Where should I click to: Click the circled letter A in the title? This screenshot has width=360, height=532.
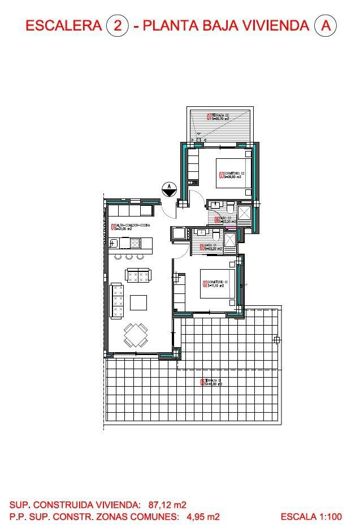tap(322, 29)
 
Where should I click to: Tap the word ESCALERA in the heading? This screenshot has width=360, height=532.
tap(55, 29)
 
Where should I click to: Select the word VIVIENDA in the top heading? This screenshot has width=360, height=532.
tap(269, 29)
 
